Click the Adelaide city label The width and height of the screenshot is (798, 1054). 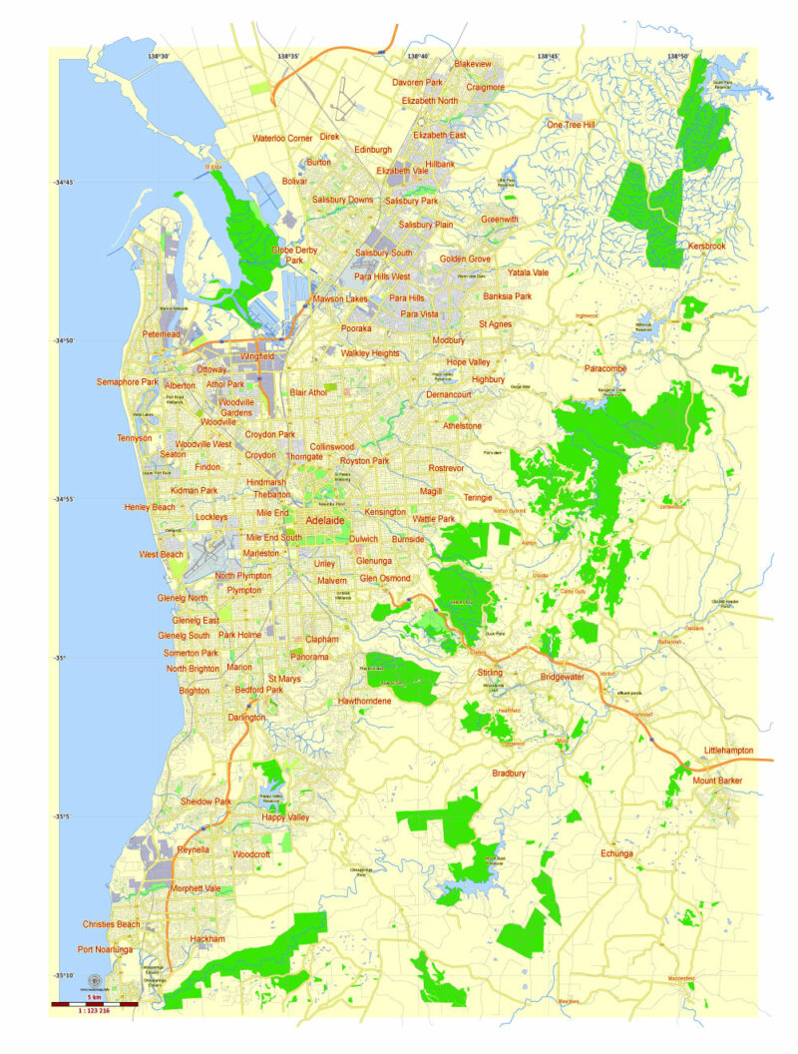click(x=325, y=521)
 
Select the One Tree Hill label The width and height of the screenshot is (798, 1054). click(x=570, y=125)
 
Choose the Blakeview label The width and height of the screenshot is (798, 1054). click(x=473, y=64)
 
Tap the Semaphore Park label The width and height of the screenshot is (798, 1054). click(x=127, y=382)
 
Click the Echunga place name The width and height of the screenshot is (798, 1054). click(x=616, y=853)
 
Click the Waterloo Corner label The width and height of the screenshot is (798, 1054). click(x=282, y=139)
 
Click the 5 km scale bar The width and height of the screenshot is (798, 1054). click(x=94, y=1002)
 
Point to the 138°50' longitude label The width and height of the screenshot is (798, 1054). click(x=678, y=57)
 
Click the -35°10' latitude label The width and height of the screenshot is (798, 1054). click(x=69, y=975)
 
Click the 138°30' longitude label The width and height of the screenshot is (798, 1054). click(x=158, y=57)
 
